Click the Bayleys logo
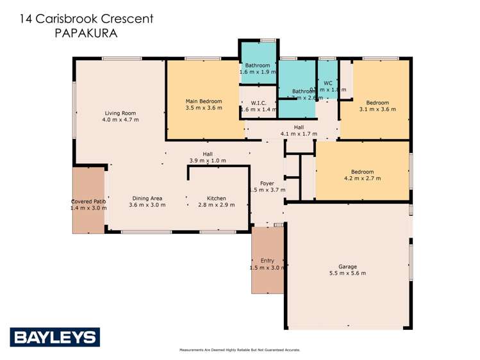tap(54, 337)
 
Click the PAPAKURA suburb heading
tap(87, 33)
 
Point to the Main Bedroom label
tap(204, 101)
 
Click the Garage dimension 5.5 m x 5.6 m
tap(348, 274)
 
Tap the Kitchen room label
tap(217, 199)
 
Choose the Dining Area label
tap(147, 199)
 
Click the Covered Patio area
tap(88, 201)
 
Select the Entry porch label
tap(267, 261)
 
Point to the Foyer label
tap(267, 183)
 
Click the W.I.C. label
tap(258, 102)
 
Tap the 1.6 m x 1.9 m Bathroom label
tap(258, 72)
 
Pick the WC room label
tap(327, 83)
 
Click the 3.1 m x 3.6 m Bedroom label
tap(377, 102)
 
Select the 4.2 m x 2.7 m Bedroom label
tap(362, 172)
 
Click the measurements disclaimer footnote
tap(240, 350)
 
